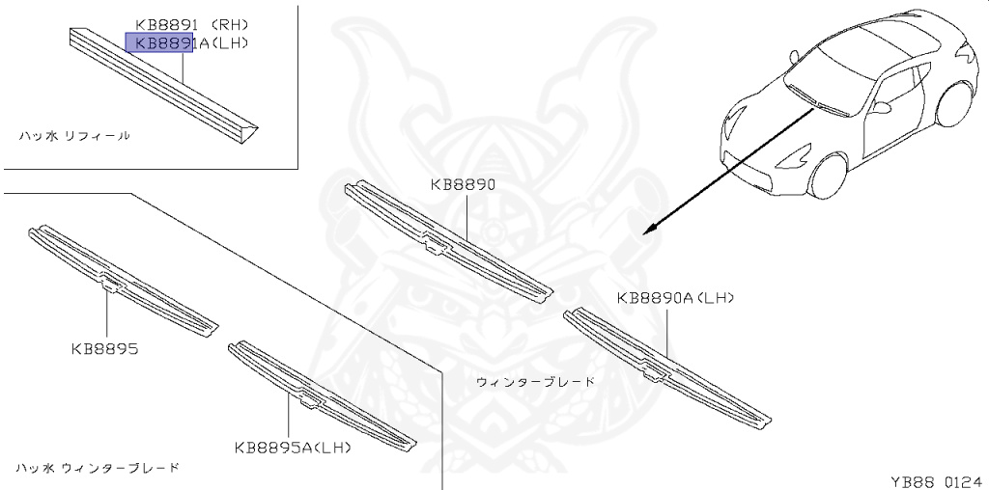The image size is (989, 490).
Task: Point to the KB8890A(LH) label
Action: coord(676,299)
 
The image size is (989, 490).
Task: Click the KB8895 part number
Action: coord(104,348)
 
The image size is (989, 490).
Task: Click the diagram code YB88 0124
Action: coord(936,478)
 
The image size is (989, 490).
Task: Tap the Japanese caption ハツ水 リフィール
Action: coord(74,136)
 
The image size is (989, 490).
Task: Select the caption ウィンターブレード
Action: coord(535,382)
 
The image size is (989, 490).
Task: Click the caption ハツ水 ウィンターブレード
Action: coord(98,468)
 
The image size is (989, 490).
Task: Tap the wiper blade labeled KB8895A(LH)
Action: coord(319,395)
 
